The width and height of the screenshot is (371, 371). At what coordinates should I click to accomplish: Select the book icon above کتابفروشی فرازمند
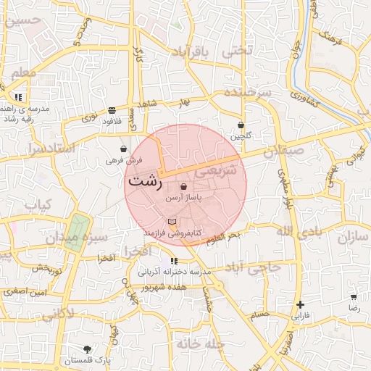[x=172, y=222]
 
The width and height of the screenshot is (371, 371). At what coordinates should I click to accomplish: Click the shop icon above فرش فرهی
[x=124, y=149]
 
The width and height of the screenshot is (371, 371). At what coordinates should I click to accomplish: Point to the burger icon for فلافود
[x=111, y=111]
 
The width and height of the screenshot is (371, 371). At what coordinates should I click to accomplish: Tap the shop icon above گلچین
[x=241, y=125]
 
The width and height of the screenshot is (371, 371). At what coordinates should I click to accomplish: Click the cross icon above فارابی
[x=300, y=305]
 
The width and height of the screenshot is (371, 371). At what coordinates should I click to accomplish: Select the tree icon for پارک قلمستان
[x=88, y=349]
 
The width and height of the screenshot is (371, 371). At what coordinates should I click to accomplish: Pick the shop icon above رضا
[x=353, y=297]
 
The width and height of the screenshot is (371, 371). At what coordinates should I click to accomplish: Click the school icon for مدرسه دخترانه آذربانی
[x=174, y=261]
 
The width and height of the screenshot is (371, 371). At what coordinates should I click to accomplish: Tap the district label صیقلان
[x=280, y=154]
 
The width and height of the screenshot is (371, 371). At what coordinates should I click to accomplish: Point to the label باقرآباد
[x=195, y=53]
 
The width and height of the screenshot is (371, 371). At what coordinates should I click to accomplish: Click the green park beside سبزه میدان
[x=75, y=233]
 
